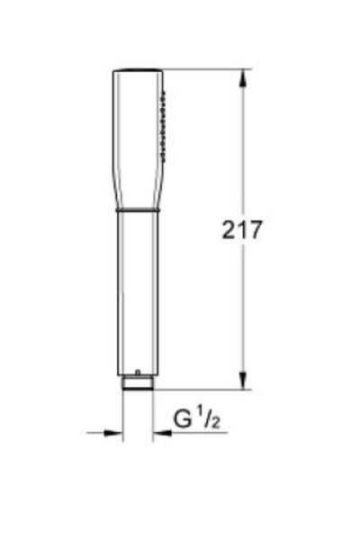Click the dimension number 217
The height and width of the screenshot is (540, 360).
242,229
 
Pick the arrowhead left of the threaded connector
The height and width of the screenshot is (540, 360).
114,433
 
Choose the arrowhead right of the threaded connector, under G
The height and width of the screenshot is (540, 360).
160,433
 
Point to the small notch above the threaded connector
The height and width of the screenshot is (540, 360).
137,372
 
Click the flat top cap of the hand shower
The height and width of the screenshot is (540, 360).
137,71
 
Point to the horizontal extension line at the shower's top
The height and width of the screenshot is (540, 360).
207,70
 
